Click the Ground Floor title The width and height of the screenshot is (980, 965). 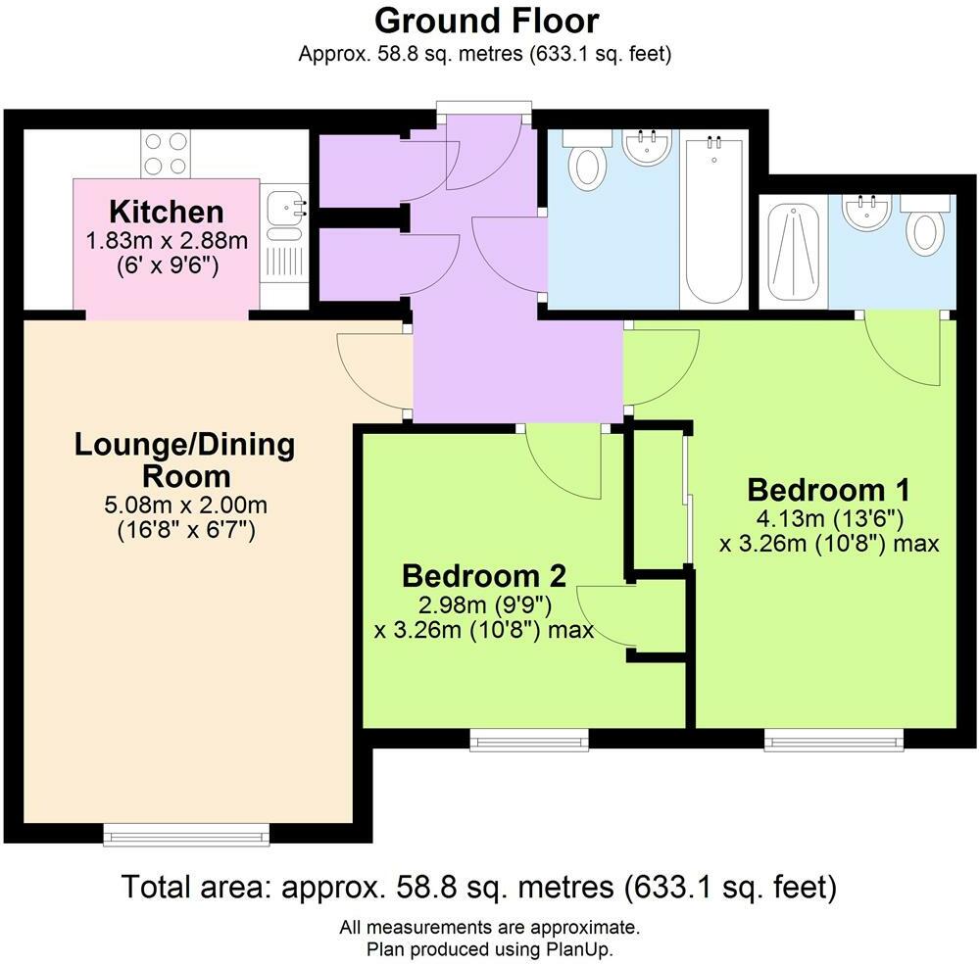coord(486,21)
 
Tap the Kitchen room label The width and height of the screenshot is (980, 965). coord(167,211)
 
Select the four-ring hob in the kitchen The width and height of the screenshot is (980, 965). coord(166,154)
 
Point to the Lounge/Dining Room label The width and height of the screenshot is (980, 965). coord(185,460)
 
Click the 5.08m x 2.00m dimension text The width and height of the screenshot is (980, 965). coord(185,507)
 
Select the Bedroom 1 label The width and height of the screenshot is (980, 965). coord(829,490)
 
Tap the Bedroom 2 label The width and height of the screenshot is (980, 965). coord(484,575)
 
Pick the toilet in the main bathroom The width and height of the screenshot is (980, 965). coord(588,162)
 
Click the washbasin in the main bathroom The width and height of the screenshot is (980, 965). coord(647,148)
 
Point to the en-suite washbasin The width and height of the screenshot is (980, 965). coord(866,213)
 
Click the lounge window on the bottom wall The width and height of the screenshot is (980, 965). coord(185,834)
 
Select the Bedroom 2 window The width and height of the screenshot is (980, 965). coord(529,740)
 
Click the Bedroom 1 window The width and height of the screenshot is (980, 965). coord(834,740)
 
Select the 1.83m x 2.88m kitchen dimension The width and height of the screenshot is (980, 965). coord(167,241)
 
